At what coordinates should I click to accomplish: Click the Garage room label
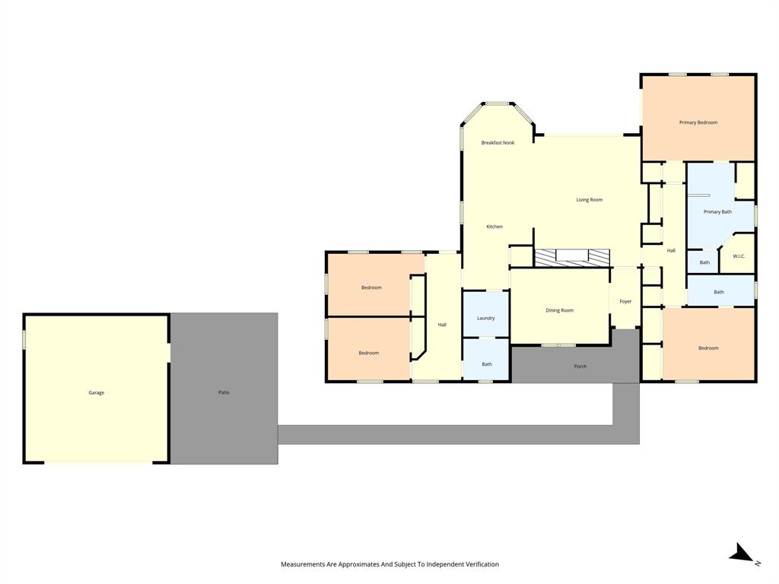pyautogui.click(x=96, y=392)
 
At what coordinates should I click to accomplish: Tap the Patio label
pyautogui.click(x=224, y=392)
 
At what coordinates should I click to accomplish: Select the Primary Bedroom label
pyautogui.click(x=698, y=122)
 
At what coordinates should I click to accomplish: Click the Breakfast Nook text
pyautogui.click(x=498, y=143)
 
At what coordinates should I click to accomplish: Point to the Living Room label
pyautogui.click(x=589, y=200)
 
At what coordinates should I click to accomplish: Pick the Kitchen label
pyautogui.click(x=494, y=227)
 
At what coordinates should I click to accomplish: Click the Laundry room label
pyautogui.click(x=485, y=318)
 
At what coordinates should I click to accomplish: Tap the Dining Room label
pyautogui.click(x=559, y=310)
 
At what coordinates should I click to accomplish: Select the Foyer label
pyautogui.click(x=625, y=302)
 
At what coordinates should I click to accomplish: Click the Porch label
pyautogui.click(x=580, y=367)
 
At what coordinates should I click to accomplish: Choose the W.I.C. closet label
pyautogui.click(x=739, y=256)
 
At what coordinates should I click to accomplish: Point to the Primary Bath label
pyautogui.click(x=717, y=212)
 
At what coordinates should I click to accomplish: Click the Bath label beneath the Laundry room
pyautogui.click(x=487, y=364)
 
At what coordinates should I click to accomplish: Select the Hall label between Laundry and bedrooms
pyautogui.click(x=442, y=325)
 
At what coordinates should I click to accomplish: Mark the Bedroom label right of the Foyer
pyautogui.click(x=708, y=348)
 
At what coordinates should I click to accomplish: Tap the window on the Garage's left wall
pyautogui.click(x=24, y=339)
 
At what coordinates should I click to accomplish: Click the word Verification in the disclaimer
pyautogui.click(x=479, y=564)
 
